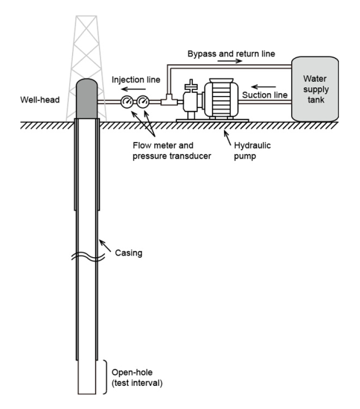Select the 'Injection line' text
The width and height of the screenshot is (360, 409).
click(x=136, y=79)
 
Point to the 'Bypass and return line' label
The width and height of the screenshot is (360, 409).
click(x=231, y=54)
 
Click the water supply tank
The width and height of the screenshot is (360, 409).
click(x=314, y=89)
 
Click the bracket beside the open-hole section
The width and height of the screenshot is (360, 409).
click(x=106, y=377)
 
